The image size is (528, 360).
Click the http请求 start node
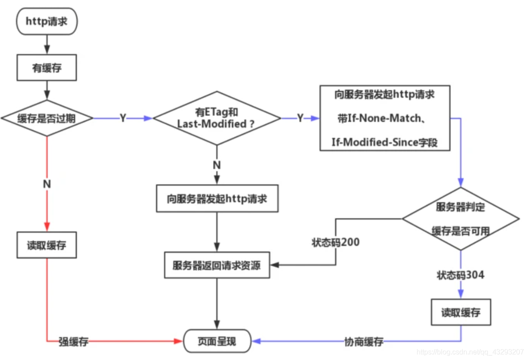(46, 21)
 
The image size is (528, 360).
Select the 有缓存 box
(46, 68)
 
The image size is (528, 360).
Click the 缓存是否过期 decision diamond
(47, 118)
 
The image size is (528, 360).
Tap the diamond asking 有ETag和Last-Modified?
(216, 118)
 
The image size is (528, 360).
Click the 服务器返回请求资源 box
(217, 265)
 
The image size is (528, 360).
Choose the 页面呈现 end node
(217, 341)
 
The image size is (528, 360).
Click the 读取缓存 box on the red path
(47, 245)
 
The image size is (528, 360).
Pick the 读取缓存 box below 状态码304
(461, 312)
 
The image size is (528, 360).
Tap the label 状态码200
(336, 242)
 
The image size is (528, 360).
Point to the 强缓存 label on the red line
(74, 342)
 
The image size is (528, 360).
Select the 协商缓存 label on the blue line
(363, 342)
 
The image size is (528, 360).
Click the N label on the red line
(47, 185)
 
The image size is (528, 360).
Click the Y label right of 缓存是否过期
(123, 119)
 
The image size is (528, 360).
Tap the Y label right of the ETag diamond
(300, 119)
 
